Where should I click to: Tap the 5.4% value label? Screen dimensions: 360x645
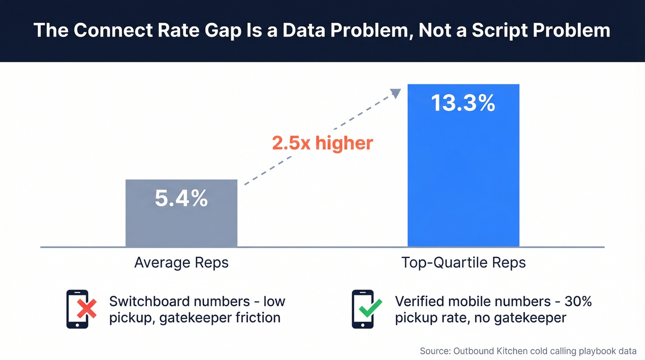[x=181, y=199]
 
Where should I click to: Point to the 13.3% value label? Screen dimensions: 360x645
[x=463, y=103]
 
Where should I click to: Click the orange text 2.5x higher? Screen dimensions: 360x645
[x=322, y=143]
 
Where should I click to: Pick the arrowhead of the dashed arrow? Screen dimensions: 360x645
[x=395, y=93]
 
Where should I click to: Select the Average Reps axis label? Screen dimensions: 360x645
[x=181, y=263]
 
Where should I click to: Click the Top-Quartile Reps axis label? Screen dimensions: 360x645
[x=463, y=263]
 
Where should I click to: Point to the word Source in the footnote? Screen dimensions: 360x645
[x=435, y=351]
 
